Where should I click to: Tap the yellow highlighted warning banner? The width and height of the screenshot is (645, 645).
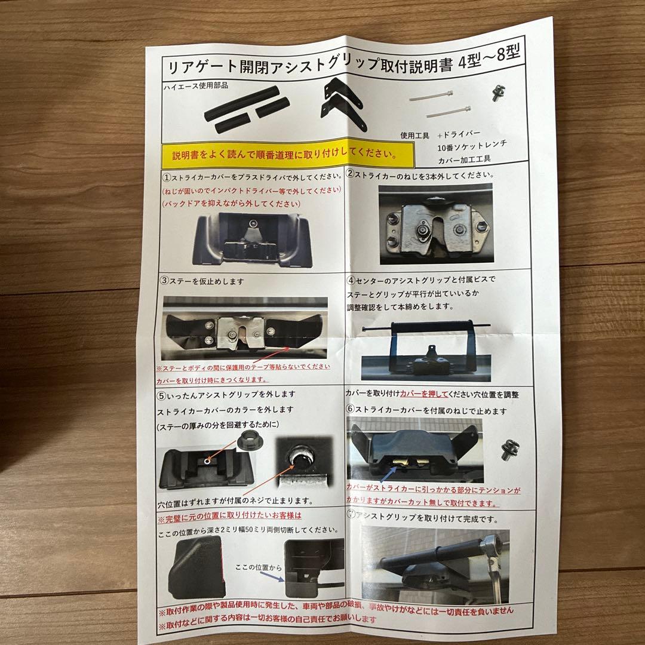[285, 155]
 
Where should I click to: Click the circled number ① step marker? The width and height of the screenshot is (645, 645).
[166, 177]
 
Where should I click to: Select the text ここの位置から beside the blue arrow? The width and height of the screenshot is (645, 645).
[257, 566]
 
